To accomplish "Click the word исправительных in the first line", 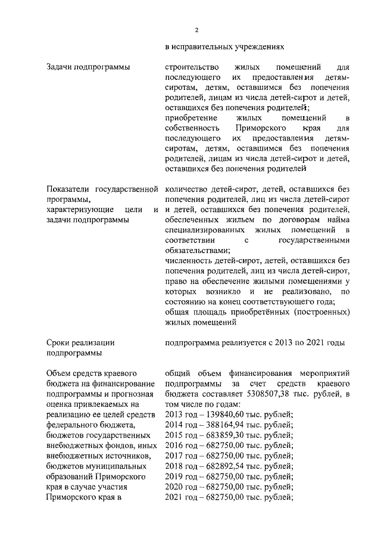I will coord(201,45).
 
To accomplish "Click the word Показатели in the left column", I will coord(68,190).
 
